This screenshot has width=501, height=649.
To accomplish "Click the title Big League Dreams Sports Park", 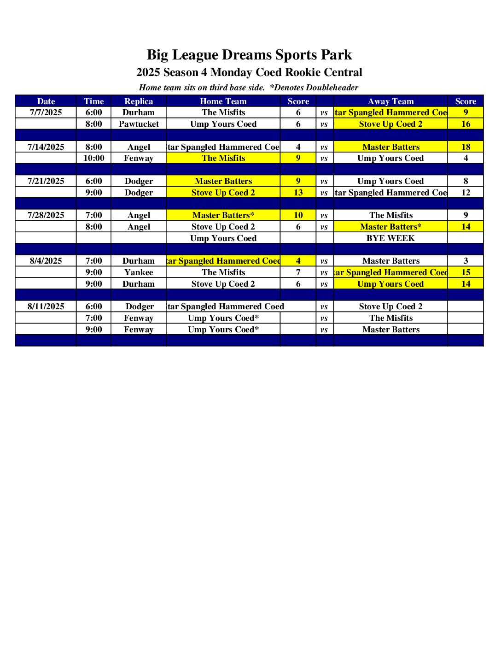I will tap(249, 55).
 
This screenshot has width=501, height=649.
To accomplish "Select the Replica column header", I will tap(139, 101).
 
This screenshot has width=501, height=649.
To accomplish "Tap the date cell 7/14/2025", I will tap(46, 147).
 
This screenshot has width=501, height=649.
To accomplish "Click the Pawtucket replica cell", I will tap(139, 124).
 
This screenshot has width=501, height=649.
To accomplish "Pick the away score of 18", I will tap(466, 147).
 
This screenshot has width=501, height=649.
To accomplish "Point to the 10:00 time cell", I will tap(93, 158).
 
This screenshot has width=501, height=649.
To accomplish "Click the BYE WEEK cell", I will tap(390, 238).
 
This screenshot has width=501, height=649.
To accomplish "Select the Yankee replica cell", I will tap(139, 272).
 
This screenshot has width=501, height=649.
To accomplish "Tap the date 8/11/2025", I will tap(46, 307).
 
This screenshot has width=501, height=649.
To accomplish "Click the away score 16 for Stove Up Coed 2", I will tap(466, 124).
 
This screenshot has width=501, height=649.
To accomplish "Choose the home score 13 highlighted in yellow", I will tap(298, 193).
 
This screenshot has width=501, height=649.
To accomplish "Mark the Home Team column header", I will tap(223, 101).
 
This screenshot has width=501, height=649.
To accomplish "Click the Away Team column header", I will tap(390, 101).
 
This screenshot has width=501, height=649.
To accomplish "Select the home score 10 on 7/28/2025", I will tap(298, 215).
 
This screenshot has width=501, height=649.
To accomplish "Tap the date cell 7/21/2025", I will tap(46, 181).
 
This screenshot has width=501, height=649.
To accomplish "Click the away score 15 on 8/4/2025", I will tap(466, 272).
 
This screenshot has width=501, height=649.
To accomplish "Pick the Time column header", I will tap(93, 101).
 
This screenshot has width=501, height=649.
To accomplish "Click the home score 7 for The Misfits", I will tap(298, 272).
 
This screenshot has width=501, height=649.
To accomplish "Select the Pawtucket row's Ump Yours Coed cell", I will tap(223, 124).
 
